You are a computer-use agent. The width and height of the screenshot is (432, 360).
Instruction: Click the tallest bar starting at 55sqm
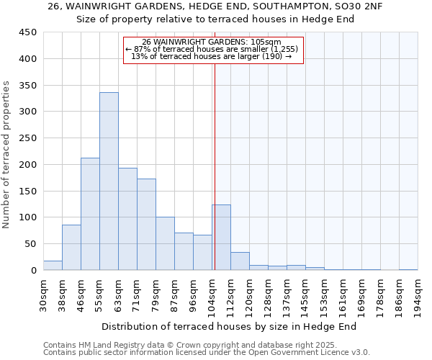click(x=109, y=181)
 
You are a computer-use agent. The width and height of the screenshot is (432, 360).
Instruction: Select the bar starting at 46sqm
click(x=90, y=214)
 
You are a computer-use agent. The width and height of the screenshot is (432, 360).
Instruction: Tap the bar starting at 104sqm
click(x=221, y=238)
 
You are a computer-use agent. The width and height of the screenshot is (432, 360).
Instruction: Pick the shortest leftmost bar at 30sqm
click(x=53, y=266)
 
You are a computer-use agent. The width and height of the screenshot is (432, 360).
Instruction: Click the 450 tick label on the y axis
click(x=28, y=32)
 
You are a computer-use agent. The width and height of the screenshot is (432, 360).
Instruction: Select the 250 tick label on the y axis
click(x=28, y=138)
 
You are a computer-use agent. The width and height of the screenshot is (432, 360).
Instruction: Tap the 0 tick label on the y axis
click(x=34, y=271)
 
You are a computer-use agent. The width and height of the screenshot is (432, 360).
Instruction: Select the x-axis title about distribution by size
click(x=229, y=327)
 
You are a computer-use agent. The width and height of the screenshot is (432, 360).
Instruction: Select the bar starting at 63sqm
click(x=127, y=219)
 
